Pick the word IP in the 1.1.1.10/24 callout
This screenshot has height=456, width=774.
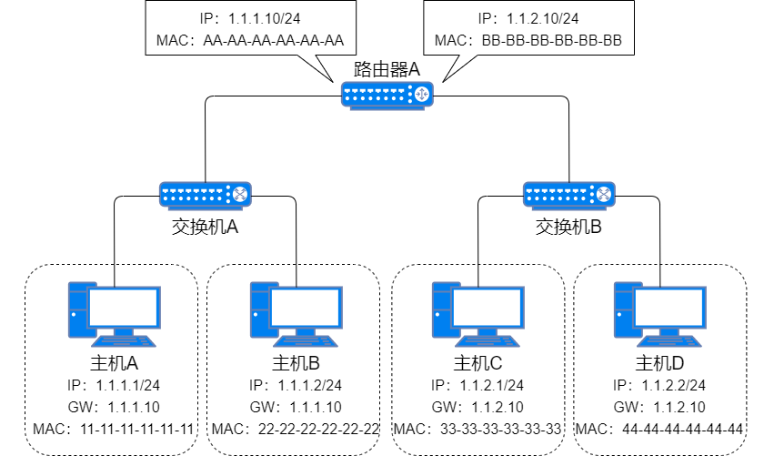208,18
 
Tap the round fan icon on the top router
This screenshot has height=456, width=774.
420,93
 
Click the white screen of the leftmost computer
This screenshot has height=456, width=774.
124,308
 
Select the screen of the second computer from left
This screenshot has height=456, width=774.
306,308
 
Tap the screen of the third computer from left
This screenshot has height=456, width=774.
488,308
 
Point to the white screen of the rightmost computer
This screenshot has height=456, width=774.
669,308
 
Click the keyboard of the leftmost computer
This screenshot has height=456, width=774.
125,342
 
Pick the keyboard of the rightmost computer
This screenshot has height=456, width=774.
670,342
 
